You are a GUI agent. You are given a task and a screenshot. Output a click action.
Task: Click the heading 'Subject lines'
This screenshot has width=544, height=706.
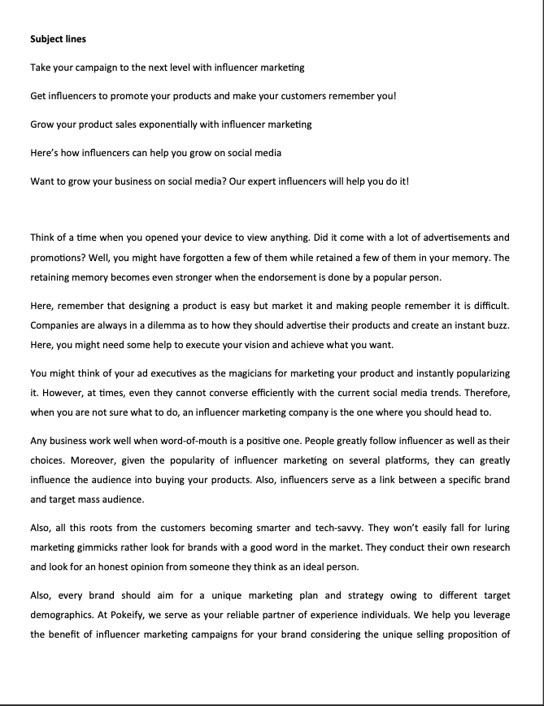pos(58,39)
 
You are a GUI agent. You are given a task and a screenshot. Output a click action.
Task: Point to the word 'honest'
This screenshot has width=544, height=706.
pos(125,567)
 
